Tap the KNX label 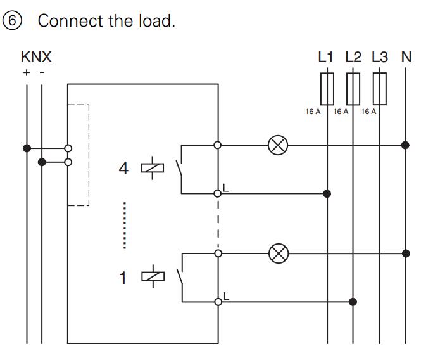click(x=35, y=57)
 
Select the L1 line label click(x=325, y=57)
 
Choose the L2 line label click(x=353, y=57)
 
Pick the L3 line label click(x=379, y=57)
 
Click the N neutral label click(x=406, y=57)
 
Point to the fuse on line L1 click(x=327, y=88)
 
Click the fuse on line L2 click(x=354, y=88)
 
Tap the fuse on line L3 click(x=380, y=88)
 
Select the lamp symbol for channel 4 click(x=277, y=145)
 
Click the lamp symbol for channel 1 click(x=277, y=254)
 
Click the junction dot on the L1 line click(x=327, y=193)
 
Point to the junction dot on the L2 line click(x=354, y=301)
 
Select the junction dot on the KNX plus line click(x=27, y=148)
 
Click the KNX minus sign click(x=42, y=72)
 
